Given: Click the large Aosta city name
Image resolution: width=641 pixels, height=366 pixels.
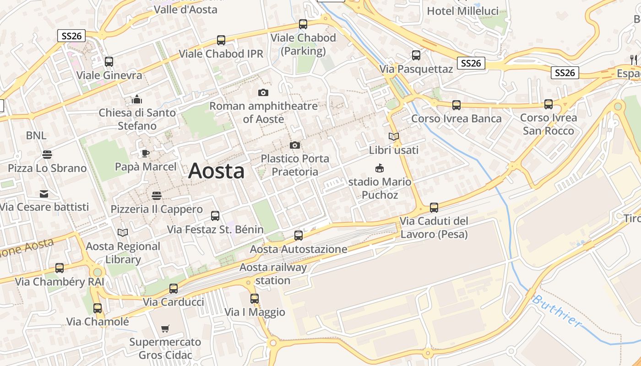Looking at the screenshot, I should click(x=216, y=171).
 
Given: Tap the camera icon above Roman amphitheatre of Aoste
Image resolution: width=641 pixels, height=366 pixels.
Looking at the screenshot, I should click(x=263, y=93).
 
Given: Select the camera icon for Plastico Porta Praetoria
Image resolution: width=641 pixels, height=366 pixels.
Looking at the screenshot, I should click(x=295, y=145).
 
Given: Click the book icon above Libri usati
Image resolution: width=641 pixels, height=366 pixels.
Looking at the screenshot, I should click(x=394, y=136).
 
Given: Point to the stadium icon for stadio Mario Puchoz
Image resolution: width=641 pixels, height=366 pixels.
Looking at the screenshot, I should click(x=380, y=168).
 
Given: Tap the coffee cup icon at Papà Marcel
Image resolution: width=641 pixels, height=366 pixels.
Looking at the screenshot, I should click(x=145, y=153).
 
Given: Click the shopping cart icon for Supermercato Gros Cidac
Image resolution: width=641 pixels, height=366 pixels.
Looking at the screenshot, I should click(x=165, y=328).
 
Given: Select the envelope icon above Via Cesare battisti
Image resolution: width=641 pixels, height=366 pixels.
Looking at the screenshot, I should click(x=44, y=194).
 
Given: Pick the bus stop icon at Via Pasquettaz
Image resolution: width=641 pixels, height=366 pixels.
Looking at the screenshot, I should click(x=416, y=55).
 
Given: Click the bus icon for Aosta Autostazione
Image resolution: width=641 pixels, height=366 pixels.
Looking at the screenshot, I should click(x=299, y=236).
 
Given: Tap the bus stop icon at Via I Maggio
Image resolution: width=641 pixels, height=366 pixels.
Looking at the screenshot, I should click(x=255, y=299).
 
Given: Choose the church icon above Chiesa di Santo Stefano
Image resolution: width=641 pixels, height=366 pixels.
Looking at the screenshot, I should click(x=137, y=99).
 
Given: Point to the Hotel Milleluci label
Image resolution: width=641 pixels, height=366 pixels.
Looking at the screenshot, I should click(x=462, y=11).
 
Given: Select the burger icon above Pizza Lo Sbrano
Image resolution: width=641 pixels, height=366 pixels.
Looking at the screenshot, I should click(x=47, y=155).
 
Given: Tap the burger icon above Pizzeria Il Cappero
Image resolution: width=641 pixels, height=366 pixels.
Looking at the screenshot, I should click(x=157, y=196).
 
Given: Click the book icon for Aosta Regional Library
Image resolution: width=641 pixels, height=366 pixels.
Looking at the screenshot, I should click(x=123, y=233).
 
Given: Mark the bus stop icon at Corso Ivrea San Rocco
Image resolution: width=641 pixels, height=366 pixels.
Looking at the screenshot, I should click(x=549, y=104).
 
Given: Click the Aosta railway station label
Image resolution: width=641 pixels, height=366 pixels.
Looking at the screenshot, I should click(x=273, y=274).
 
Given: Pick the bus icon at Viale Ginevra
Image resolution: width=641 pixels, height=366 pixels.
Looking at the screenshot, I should click(x=109, y=62).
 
